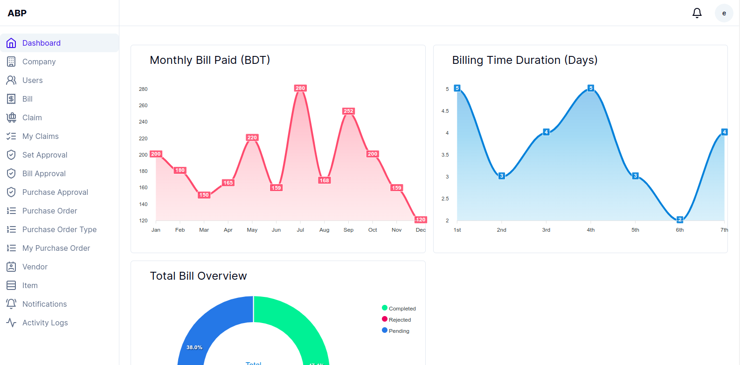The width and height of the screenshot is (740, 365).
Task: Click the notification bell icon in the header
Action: click(697, 13)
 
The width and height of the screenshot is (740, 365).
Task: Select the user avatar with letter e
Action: click(724, 13)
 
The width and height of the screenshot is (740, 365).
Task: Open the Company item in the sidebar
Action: click(39, 62)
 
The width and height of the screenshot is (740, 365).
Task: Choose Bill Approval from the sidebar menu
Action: click(44, 173)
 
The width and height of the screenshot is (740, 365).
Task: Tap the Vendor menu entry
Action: click(35, 267)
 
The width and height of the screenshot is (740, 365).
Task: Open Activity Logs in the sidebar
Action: click(45, 323)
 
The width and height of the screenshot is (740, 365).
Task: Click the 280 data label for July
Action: click(300, 88)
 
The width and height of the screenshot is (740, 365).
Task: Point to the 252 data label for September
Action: click(348, 111)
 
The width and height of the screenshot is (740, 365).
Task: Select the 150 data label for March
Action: click(204, 195)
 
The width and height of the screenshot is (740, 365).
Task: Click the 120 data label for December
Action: click(420, 220)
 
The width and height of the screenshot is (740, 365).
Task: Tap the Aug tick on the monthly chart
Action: click(324, 230)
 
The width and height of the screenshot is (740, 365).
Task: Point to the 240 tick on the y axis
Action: click(143, 122)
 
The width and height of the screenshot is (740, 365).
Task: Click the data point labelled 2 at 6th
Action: click(680, 220)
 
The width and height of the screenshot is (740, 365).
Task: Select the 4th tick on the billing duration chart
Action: click(590, 230)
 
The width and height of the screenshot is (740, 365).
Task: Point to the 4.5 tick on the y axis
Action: click(445, 111)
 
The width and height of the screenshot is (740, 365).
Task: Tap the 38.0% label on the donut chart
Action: click(194, 347)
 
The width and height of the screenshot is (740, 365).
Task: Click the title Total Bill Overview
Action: click(198, 276)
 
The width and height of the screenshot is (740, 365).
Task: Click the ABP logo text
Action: click(17, 13)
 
